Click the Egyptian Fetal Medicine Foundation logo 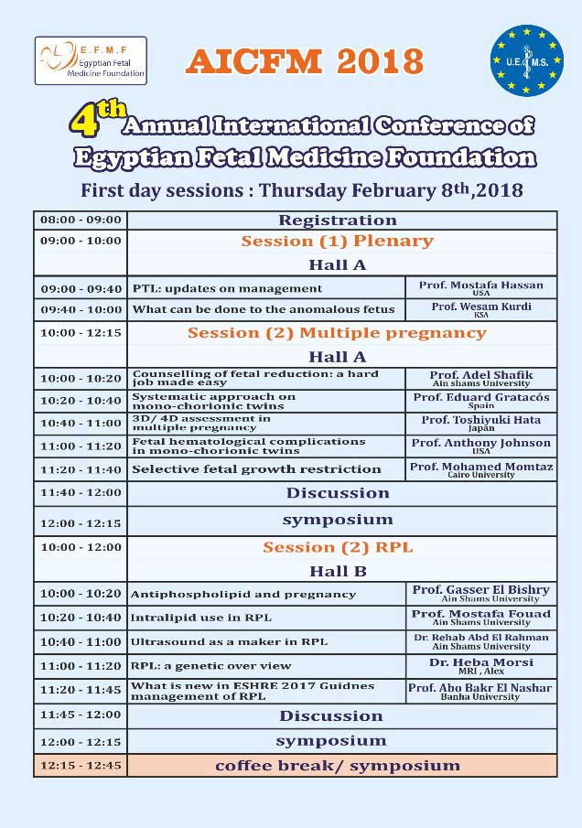click(90, 60)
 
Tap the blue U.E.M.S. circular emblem click(526, 60)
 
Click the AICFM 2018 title click(305, 61)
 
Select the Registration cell click(338, 220)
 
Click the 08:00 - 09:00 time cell click(81, 220)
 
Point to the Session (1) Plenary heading click(337, 242)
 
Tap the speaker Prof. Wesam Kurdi click(480, 307)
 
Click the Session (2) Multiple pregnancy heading click(337, 333)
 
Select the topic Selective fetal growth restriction click(256, 469)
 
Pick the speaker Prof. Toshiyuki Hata click(480, 420)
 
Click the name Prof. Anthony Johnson click(480, 443)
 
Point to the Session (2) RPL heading click(338, 548)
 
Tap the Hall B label click(338, 571)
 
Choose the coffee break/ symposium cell click(338, 765)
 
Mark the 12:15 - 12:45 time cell click(81, 765)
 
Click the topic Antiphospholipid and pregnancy click(231, 595)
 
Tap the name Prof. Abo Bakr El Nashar click(480, 688)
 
